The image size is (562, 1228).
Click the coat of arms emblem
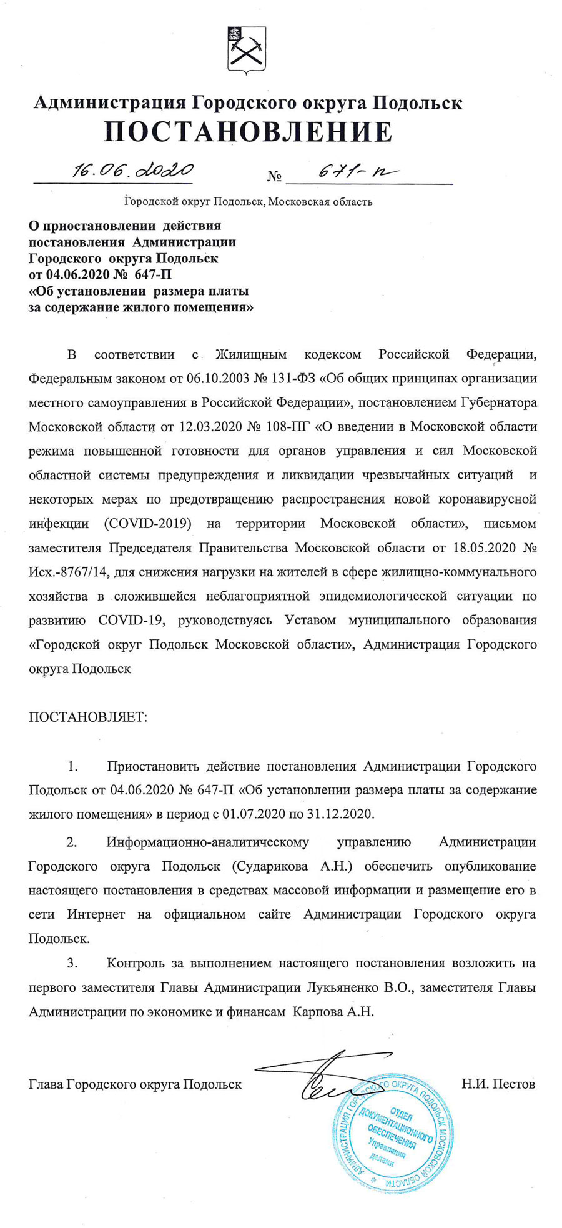(246, 51)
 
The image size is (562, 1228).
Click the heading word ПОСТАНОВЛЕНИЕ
(249, 132)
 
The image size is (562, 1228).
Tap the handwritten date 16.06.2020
(132, 170)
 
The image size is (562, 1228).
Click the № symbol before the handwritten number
(274, 177)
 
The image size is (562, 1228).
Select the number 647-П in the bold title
(153, 275)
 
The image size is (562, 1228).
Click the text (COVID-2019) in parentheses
(146, 524)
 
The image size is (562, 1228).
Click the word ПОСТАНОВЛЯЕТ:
(88, 716)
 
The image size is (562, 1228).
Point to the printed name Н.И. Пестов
(498, 1084)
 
